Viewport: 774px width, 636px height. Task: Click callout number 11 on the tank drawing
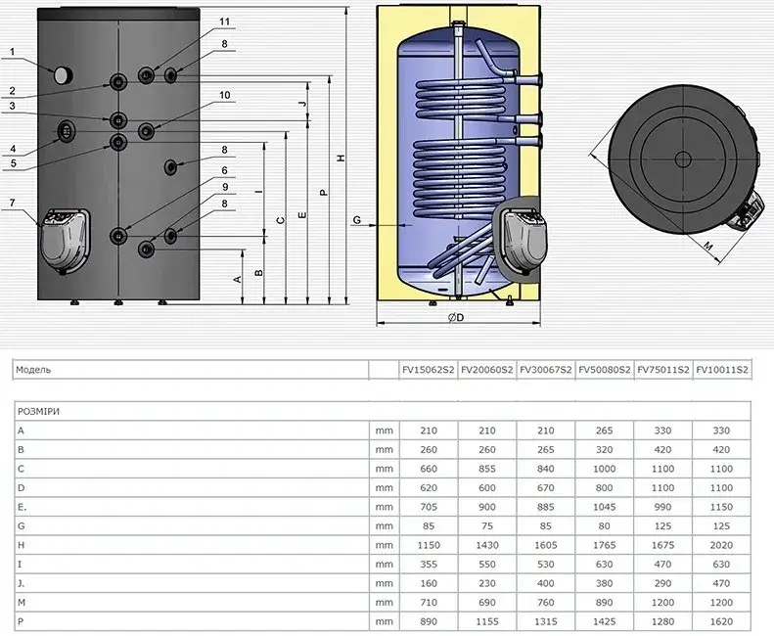click(x=225, y=22)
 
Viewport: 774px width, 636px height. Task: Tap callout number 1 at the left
click(x=13, y=52)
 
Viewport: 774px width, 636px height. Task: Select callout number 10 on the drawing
click(x=225, y=95)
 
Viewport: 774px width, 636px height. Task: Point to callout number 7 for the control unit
click(x=13, y=203)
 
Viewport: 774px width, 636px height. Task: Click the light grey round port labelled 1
click(x=63, y=75)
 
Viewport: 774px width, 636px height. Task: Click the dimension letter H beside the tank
click(x=341, y=158)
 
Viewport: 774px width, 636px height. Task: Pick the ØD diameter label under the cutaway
click(x=456, y=317)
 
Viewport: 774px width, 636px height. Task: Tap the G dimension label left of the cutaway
click(x=356, y=220)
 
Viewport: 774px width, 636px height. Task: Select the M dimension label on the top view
click(x=708, y=246)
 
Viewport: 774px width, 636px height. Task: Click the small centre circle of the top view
click(x=683, y=159)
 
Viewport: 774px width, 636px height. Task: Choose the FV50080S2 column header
click(x=604, y=370)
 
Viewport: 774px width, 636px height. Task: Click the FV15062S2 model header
click(x=429, y=370)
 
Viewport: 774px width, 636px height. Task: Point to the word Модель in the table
click(x=33, y=370)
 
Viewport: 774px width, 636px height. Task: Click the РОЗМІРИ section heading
click(x=38, y=411)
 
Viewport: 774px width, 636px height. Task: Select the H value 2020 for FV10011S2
click(x=721, y=545)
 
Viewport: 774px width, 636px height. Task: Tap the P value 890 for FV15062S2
click(x=429, y=621)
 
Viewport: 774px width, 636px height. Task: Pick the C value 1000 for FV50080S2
click(x=604, y=469)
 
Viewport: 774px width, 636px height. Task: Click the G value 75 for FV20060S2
click(x=487, y=525)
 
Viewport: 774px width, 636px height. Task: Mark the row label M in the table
click(x=22, y=603)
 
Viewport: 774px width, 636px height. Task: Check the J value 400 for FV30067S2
click(x=545, y=583)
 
